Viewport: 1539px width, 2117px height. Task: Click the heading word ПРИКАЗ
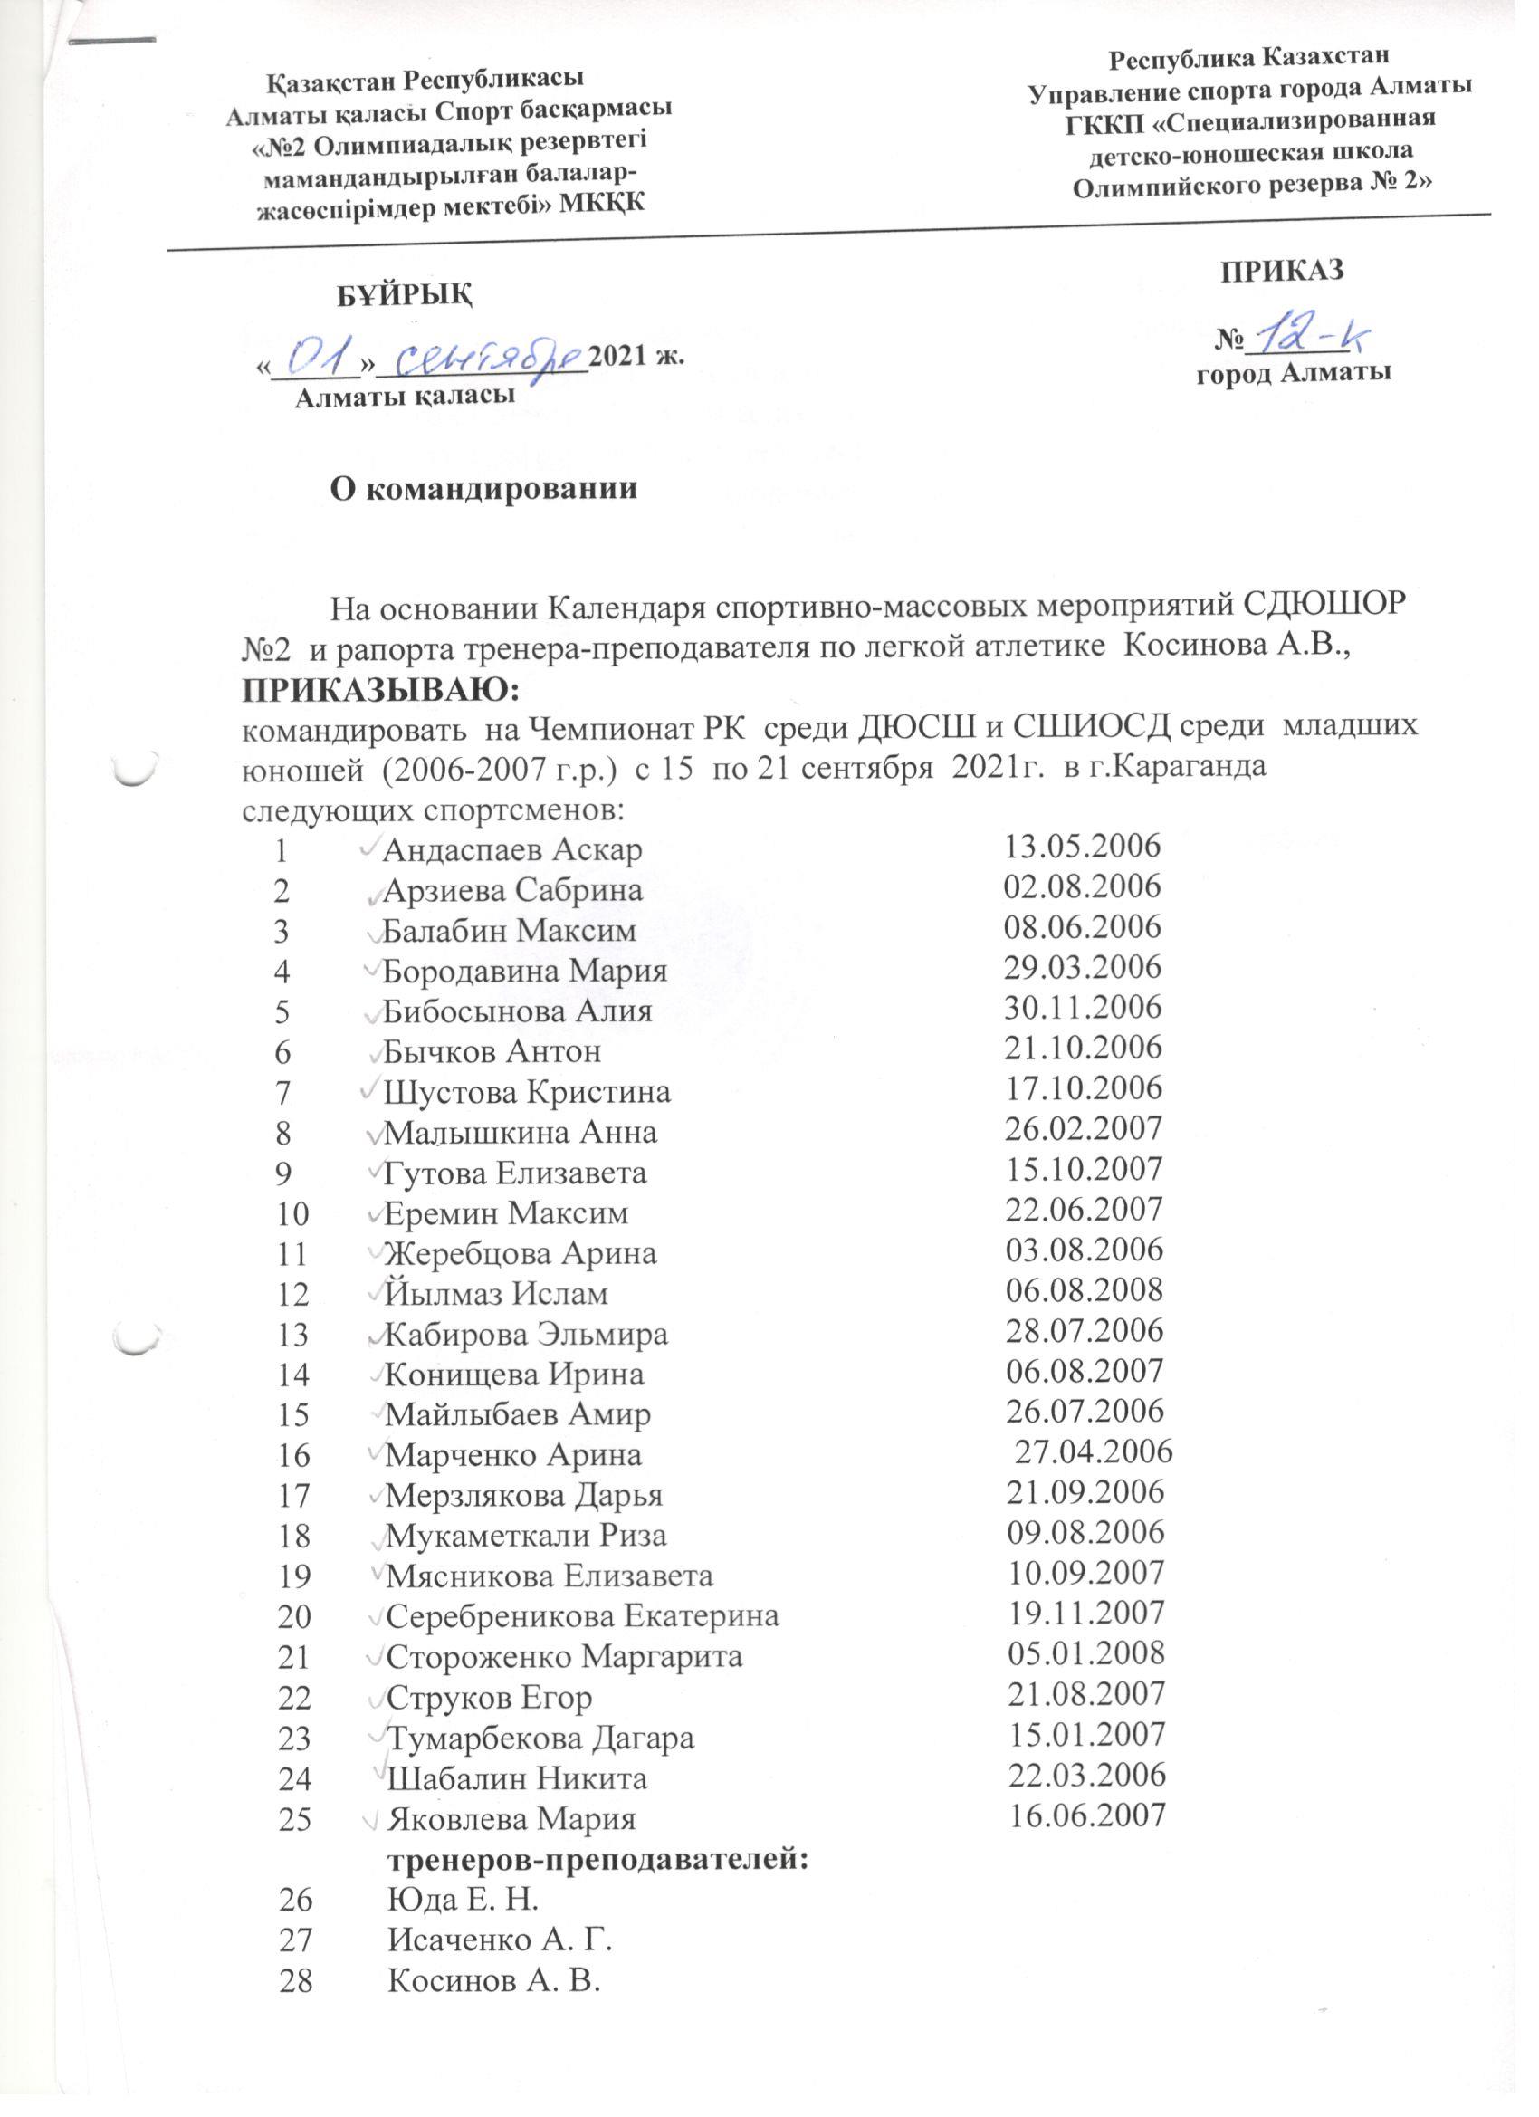click(x=1284, y=270)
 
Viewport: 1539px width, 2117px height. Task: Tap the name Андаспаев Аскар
click(x=513, y=849)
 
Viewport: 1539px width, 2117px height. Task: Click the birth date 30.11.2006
click(x=1083, y=1007)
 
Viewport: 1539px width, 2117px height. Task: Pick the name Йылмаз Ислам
click(x=496, y=1294)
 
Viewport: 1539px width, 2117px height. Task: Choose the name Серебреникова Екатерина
click(x=582, y=1614)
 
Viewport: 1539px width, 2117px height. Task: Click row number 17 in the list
click(x=293, y=1496)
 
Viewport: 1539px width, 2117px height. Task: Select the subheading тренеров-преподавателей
click(x=597, y=1857)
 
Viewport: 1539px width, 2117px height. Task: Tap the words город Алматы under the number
click(x=1295, y=373)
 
